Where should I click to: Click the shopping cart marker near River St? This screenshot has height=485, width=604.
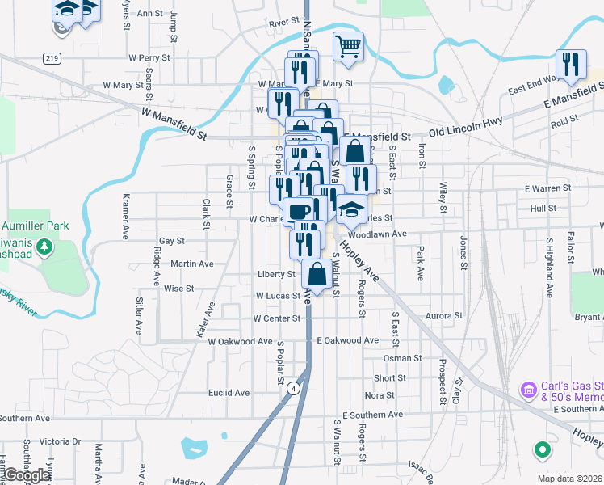pos(348,47)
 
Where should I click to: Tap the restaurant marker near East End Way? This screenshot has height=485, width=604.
pos(571,65)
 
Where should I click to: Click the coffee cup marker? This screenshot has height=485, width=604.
pos(298,212)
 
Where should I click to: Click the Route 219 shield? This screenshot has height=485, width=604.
pos(52,58)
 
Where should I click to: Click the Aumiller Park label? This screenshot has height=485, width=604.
pos(35,226)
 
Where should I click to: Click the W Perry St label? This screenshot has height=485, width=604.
pos(149,58)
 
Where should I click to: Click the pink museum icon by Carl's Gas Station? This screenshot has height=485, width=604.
pos(529,390)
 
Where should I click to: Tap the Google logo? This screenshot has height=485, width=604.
pos(27,476)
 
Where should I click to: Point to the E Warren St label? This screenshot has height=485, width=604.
pos(547,188)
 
